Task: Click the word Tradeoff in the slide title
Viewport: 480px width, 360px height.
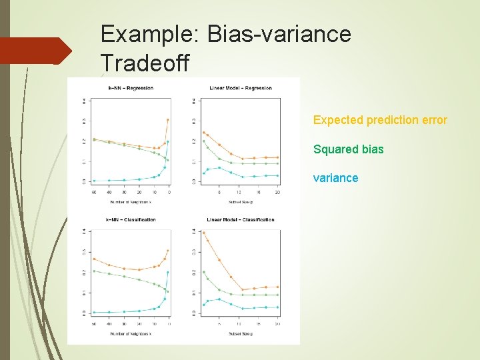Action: point(144,63)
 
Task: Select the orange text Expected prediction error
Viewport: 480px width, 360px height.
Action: point(380,120)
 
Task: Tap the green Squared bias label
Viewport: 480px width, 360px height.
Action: point(348,149)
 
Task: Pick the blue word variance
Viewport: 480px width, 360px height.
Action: point(335,178)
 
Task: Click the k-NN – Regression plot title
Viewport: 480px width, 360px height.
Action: point(131,88)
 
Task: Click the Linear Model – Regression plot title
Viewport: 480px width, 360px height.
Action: point(240,88)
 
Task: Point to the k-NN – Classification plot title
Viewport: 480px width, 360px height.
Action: point(131,219)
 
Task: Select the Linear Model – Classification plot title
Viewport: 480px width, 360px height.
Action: point(240,219)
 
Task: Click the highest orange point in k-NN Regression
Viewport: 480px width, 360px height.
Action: point(168,120)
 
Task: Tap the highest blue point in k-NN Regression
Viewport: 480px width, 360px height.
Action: point(168,141)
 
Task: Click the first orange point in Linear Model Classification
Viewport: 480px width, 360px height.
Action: point(203,233)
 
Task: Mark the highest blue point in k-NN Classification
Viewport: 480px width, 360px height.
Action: point(168,272)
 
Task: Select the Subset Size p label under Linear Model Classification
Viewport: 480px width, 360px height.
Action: point(240,333)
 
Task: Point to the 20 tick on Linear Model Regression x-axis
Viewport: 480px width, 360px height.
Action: point(277,193)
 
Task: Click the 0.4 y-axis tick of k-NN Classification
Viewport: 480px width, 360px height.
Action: point(84,231)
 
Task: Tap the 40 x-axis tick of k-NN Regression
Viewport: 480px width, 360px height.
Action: point(109,193)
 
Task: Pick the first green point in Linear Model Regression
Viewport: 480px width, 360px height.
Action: point(203,141)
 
